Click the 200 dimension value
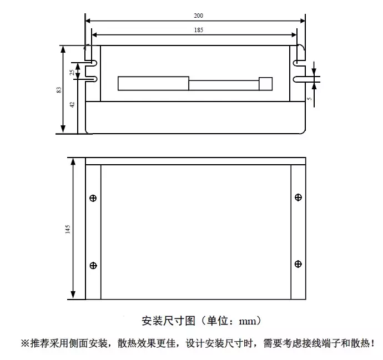pos(198,16)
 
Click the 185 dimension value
pos(198,30)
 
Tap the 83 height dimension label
pos(59,90)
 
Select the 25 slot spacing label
pos(72,72)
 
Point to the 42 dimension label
pos(72,105)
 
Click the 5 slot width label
pos(310,99)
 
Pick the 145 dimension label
pos(68,230)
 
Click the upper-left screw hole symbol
pos(93,198)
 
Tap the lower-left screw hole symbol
pos(93,266)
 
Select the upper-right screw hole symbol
pos(298,197)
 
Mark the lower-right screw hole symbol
pos(298,264)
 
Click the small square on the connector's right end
pos(265,84)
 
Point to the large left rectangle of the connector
pos(153,83)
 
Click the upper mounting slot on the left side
pos(91,63)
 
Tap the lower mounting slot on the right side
pos(300,79)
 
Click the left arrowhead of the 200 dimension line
pos(88,21)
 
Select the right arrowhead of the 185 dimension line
pos(294,35)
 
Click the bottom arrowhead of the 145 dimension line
pos(73,295)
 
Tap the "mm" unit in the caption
pos(248,321)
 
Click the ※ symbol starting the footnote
pos(26,343)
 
